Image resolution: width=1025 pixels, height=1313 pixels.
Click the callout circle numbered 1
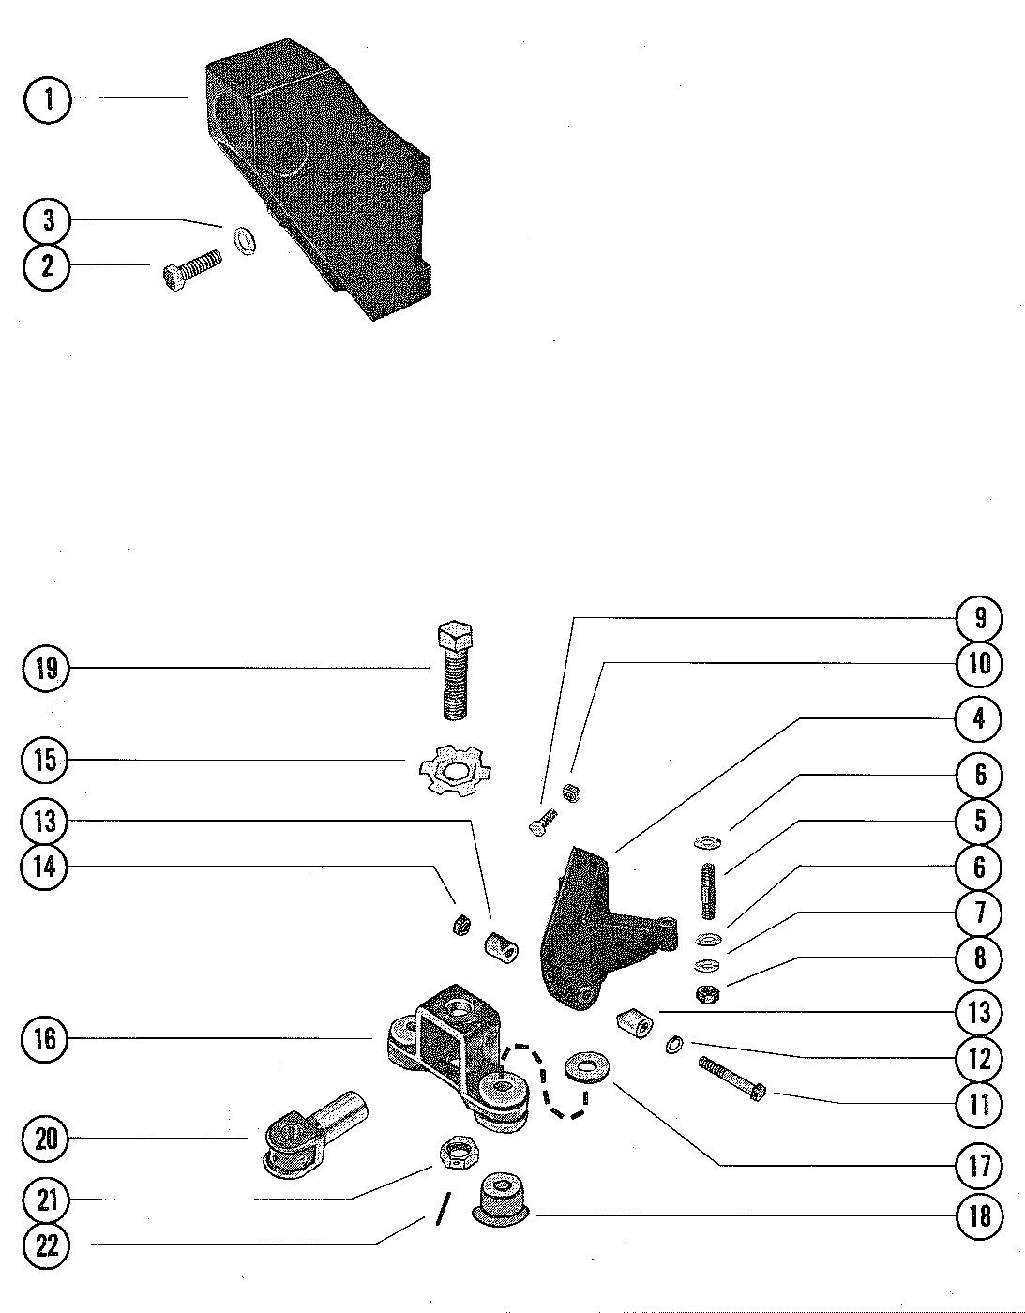tap(48, 99)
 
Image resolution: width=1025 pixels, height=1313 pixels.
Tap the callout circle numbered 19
tap(45, 669)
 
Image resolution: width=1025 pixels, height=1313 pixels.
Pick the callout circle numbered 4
tap(979, 719)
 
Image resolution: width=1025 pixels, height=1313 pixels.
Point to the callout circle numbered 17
tap(979, 1165)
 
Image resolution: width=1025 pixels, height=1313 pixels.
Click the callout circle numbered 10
tap(979, 663)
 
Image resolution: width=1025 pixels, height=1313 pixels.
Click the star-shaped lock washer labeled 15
tap(455, 770)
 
